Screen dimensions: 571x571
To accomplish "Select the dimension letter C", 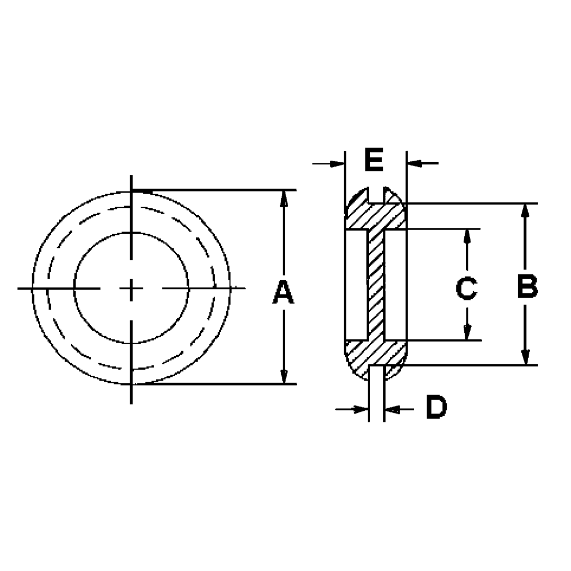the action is pos(466,289).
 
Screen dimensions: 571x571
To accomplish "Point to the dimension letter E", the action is pos(374,160).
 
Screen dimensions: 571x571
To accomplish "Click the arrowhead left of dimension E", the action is pos(337,163).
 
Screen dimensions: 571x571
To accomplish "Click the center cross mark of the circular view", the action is pos(132,289).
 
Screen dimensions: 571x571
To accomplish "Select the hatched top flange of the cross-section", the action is pos(375,213).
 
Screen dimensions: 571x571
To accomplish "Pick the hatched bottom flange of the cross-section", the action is pos(375,358).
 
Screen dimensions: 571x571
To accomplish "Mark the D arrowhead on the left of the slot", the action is pos(361,409).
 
